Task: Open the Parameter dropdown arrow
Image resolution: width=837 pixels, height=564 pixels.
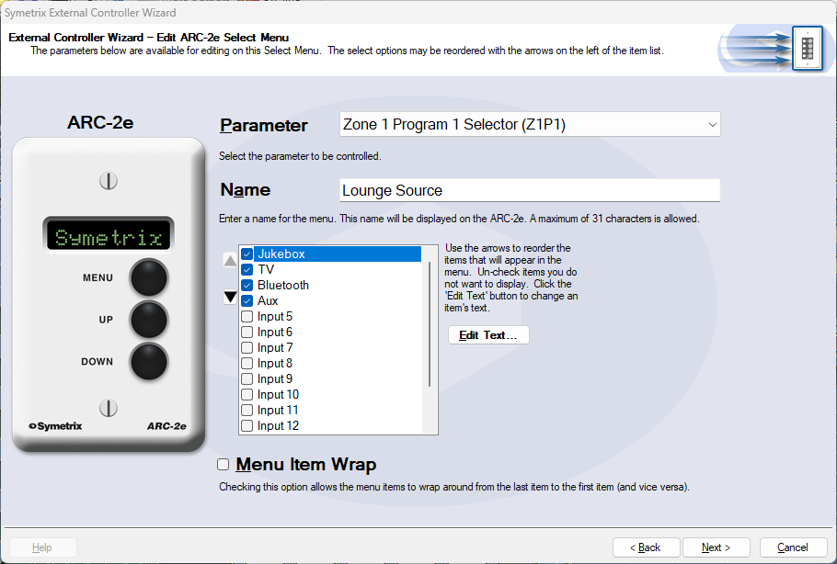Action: coord(712,125)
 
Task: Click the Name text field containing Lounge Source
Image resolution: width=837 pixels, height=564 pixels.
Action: coord(530,190)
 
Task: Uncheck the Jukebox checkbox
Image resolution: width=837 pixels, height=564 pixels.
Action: coord(247,254)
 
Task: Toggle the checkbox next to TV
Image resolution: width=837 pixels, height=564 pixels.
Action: coord(247,269)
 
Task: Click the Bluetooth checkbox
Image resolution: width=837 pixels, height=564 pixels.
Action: coord(247,285)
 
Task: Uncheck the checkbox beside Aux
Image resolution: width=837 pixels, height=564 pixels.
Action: coord(247,300)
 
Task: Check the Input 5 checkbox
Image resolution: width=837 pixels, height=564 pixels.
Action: coord(247,316)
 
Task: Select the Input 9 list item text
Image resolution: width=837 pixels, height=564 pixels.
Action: coord(275,379)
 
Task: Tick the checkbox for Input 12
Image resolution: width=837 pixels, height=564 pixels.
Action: coord(247,426)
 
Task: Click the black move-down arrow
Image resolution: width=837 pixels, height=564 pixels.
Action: coord(230,297)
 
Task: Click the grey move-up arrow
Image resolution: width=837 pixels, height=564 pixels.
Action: coord(230,260)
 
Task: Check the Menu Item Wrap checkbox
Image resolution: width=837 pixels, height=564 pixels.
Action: coord(224,464)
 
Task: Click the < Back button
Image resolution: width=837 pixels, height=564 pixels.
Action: coord(646,547)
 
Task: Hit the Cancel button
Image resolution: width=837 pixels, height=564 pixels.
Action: coord(793,547)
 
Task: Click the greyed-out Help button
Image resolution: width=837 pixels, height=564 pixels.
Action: coord(42,547)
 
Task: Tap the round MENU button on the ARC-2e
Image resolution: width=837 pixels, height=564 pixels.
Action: coord(149,277)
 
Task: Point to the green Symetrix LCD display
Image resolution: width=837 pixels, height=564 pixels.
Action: coord(109,236)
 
